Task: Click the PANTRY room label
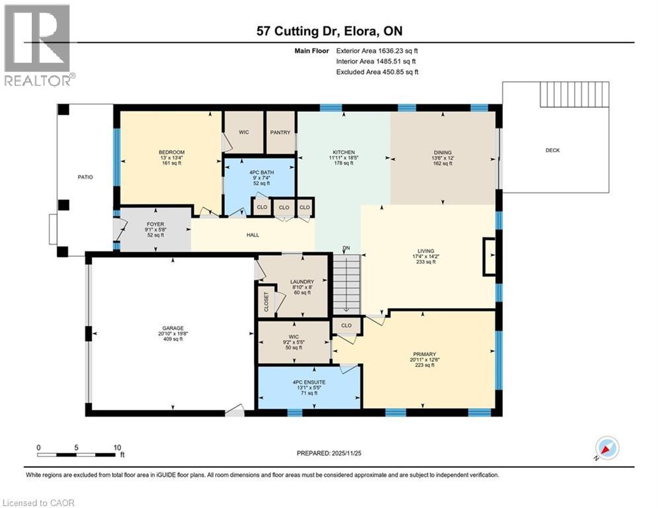(280, 132)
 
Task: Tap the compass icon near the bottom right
(607, 448)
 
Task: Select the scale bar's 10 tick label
(117, 447)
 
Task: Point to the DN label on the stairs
(346, 248)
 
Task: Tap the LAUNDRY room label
(302, 282)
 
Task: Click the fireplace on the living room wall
(489, 256)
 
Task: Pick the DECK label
(552, 150)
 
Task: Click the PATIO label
(85, 177)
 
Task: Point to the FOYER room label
(155, 224)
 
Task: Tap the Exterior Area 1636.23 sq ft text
(377, 50)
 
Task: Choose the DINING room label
(442, 153)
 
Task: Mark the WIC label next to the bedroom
(243, 132)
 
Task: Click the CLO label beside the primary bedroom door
(347, 325)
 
